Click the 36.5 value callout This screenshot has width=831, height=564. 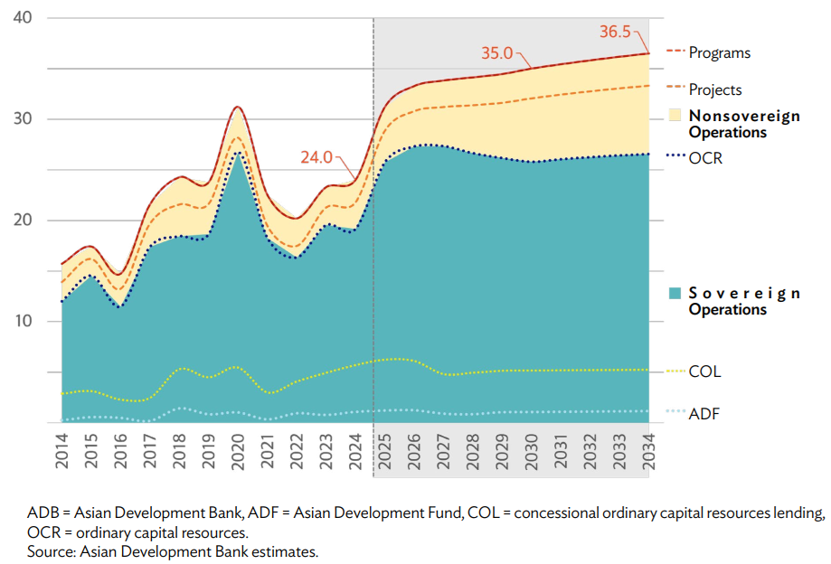(617, 31)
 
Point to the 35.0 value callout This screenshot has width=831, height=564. (496, 53)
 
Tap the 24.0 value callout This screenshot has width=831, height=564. (316, 155)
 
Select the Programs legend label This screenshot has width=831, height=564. (720, 52)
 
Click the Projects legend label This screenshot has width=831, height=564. (715, 89)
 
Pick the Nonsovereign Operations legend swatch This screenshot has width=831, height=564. (675, 116)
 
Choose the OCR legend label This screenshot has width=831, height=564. (705, 158)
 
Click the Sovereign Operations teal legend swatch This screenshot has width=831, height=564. (675, 293)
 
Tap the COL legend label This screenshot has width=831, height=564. (704, 371)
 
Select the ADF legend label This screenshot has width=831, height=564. (704, 414)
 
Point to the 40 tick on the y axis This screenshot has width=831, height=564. (24, 18)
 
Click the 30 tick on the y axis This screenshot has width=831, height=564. (24, 119)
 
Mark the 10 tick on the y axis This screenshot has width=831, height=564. (24, 322)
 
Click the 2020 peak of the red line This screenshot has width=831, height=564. (238, 107)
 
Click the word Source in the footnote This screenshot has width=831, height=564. (50, 550)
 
